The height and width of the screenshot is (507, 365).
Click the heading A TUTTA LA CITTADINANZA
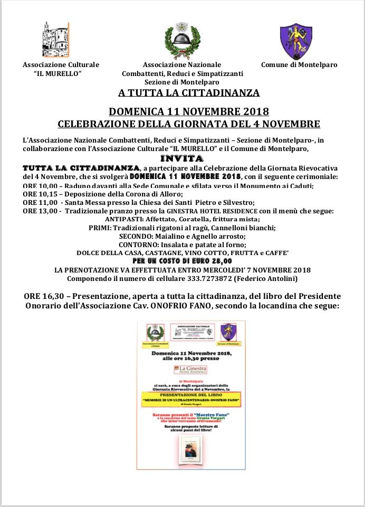[x=189, y=93]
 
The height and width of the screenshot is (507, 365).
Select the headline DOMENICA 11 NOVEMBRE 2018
[x=189, y=112]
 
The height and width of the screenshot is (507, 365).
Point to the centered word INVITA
[x=182, y=158]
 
